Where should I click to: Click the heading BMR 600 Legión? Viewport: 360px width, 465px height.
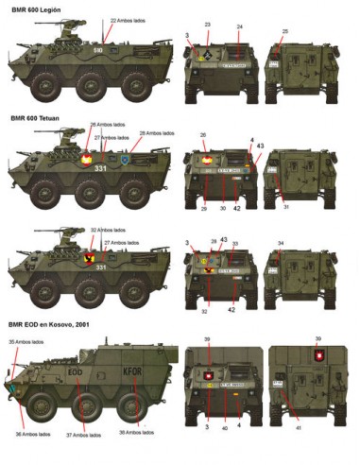pos(36,7)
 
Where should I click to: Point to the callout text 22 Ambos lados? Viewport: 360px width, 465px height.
pos(127,19)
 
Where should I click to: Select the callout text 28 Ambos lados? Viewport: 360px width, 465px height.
pos(158,133)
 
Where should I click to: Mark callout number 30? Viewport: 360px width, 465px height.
pos(223,208)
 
